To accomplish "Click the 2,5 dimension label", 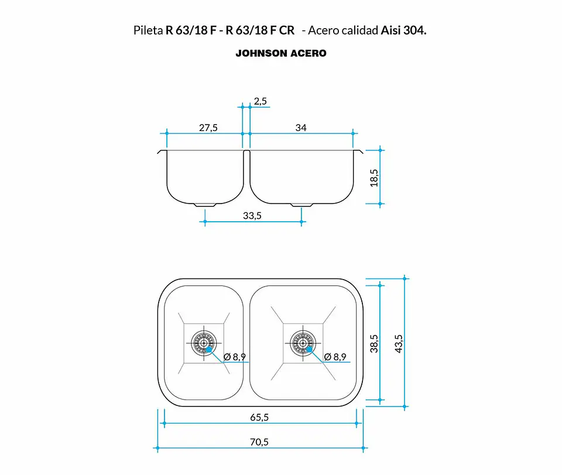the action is pos(260,101).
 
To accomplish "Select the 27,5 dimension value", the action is pos(208,128).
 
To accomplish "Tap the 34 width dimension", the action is pos(301,128).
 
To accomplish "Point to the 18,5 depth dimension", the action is pos(374,178).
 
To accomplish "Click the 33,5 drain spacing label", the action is pos(252,216).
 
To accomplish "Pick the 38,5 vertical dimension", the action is pos(374,343).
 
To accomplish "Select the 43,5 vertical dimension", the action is pos(398,343).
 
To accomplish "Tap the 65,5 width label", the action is pos(259,417).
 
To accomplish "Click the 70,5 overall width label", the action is pos(259,442).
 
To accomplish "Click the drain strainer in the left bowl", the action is pos(204,343).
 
